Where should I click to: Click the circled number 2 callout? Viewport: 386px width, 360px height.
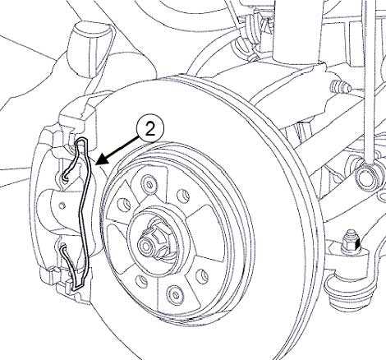[149, 129]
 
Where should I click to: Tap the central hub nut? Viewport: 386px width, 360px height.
[153, 238]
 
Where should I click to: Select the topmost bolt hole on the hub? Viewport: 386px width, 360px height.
[149, 184]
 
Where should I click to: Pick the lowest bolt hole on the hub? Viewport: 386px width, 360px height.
[175, 294]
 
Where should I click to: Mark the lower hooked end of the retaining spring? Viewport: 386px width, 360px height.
[63, 249]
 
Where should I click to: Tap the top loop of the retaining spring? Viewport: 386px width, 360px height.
[82, 143]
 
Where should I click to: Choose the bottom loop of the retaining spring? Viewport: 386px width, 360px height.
[77, 285]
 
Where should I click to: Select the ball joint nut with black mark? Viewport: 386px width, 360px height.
[352, 242]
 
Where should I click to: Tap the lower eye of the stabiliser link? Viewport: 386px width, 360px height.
[366, 177]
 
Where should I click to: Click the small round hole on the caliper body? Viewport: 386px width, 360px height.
[62, 205]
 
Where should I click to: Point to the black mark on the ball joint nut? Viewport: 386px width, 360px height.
[356, 244]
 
